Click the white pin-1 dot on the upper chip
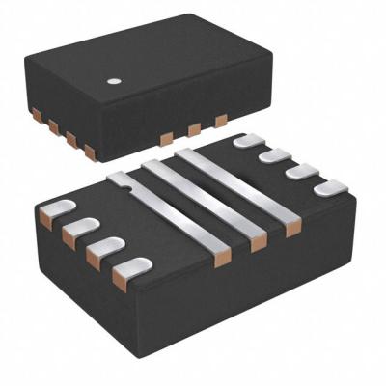[114, 81]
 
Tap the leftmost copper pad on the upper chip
[37, 115]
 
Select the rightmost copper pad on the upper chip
[221, 120]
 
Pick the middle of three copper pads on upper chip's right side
[194, 128]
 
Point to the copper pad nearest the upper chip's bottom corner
[90, 152]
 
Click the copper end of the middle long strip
[258, 243]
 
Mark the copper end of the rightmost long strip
[292, 228]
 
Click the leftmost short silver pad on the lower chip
[58, 208]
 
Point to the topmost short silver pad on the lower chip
[250, 141]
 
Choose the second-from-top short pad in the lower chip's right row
[276, 155]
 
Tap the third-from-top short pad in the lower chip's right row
[302, 171]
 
